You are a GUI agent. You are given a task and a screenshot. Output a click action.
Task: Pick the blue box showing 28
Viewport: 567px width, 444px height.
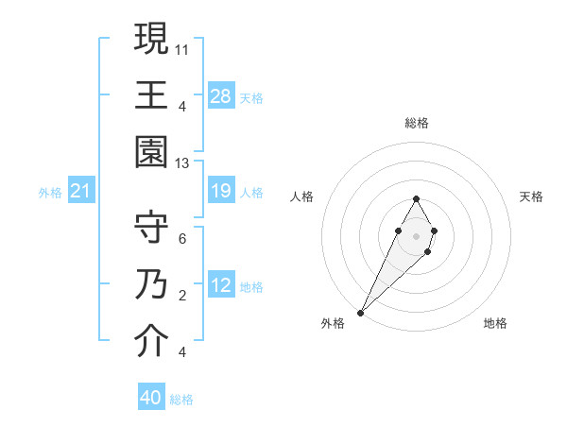(221, 96)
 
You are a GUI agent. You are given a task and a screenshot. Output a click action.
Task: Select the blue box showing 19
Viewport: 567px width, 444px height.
(221, 192)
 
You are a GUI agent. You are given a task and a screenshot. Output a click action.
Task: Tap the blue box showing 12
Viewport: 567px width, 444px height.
(221, 286)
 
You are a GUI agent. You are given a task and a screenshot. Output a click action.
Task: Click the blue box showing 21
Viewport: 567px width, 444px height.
(81, 192)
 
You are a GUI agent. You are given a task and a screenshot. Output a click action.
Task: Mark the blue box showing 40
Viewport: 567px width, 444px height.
(151, 398)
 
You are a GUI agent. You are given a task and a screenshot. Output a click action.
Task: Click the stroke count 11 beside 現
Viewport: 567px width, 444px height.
(182, 48)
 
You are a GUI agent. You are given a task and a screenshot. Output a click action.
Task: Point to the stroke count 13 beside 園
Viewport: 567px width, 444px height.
(182, 163)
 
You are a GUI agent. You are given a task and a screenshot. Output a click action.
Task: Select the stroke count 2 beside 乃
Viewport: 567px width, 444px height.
(182, 296)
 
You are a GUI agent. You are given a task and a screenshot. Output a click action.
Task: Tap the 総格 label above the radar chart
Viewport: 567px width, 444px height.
(416, 124)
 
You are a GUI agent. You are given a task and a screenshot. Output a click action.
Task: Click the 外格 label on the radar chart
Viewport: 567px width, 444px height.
(333, 323)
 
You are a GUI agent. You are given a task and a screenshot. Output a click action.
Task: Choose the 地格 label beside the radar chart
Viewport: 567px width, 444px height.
(495, 323)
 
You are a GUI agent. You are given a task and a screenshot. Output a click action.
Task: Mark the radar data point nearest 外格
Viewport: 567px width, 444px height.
(361, 311)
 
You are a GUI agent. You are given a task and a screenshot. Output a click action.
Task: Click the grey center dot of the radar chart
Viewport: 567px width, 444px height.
(416, 234)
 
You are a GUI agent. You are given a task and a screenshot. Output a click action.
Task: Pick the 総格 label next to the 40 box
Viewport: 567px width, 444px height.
(181, 400)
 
